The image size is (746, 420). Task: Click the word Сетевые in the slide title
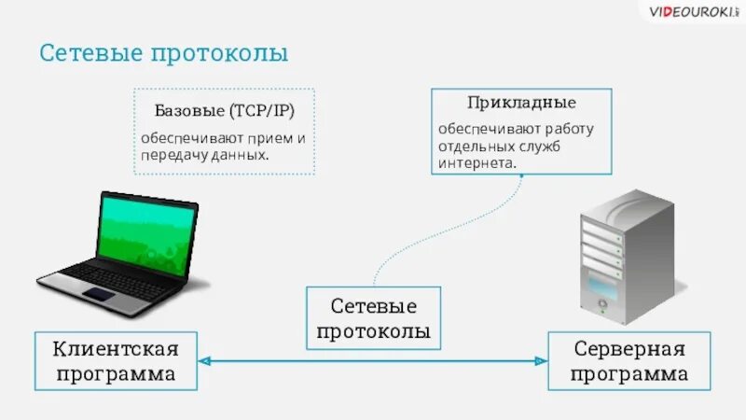tap(90, 52)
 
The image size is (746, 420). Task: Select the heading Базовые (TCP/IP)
tap(225, 112)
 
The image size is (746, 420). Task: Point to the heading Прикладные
tap(521, 102)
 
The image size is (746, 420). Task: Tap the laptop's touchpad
tap(99, 296)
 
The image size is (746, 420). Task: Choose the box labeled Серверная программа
tap(629, 361)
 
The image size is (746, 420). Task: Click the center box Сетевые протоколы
tap(373, 317)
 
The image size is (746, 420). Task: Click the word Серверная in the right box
tap(629, 349)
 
